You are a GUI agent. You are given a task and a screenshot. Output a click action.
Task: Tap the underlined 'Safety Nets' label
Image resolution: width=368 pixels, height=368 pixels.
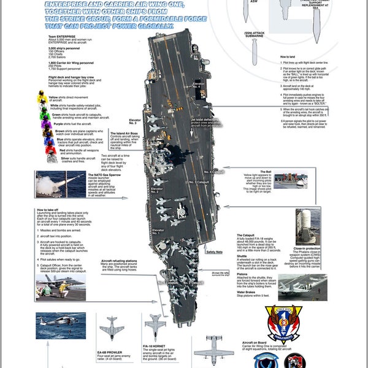[215, 251]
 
